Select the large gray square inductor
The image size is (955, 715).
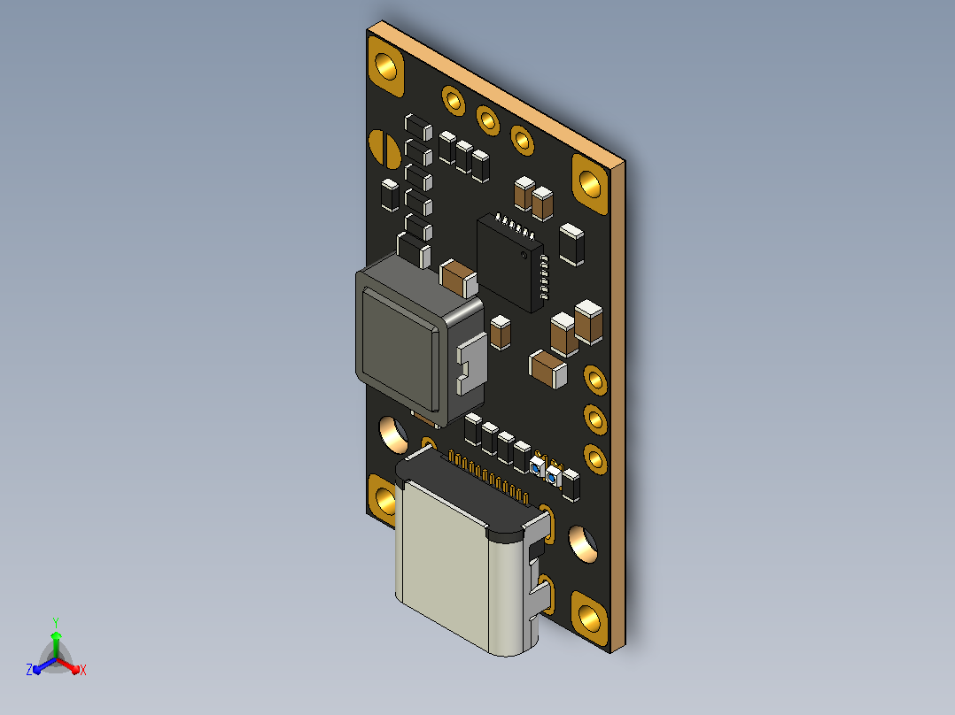(420, 341)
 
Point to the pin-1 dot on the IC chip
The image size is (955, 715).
(524, 254)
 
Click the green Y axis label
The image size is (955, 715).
(56, 622)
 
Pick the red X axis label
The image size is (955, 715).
(83, 670)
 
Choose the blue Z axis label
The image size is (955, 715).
(29, 669)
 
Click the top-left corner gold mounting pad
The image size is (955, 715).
(385, 65)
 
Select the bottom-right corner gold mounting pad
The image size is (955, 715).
(590, 619)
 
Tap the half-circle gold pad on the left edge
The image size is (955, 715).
(383, 148)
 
